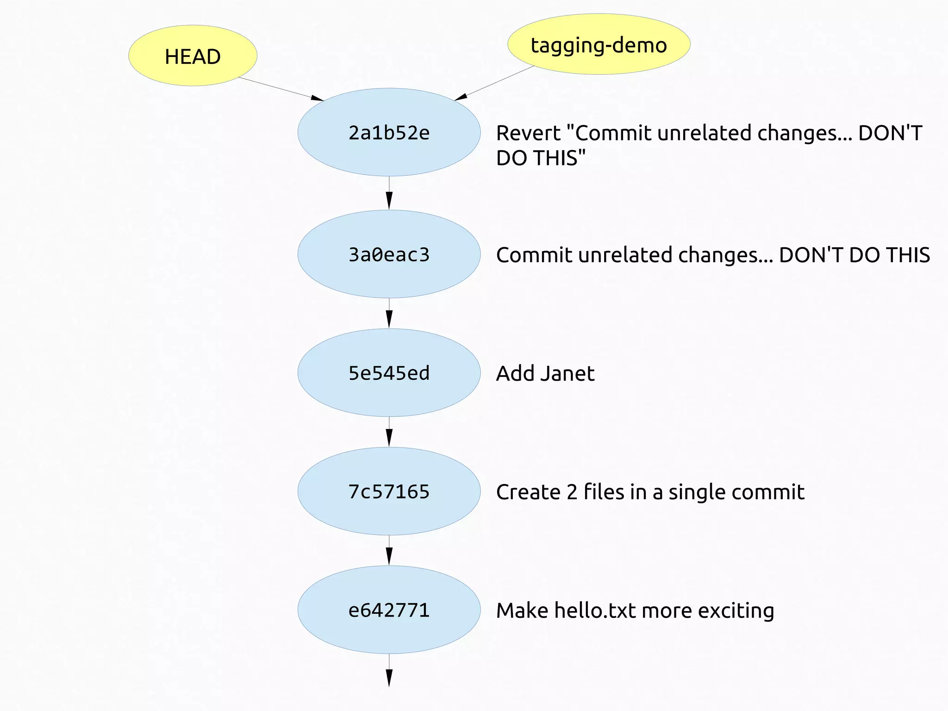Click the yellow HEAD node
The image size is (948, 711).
[193, 56]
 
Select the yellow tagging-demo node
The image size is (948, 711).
[599, 44]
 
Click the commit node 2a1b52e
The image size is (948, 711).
[389, 132]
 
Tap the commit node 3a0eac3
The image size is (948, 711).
[389, 254]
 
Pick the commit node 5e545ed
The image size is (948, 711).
[389, 373]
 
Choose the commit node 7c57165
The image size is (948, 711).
[389, 491]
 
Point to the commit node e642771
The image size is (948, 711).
[389, 610]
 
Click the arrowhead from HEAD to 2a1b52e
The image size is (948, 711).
[317, 98]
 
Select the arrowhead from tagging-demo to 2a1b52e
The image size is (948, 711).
[461, 97]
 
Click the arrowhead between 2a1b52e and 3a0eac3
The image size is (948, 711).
[389, 201]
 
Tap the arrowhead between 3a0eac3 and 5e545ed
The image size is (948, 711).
[389, 320]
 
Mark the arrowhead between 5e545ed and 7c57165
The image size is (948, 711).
[389, 438]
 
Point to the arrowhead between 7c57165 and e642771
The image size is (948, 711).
[389, 557]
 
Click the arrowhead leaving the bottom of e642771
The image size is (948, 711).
[389, 678]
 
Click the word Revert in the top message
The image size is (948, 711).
[528, 133]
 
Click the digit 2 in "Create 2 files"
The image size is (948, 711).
[572, 492]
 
